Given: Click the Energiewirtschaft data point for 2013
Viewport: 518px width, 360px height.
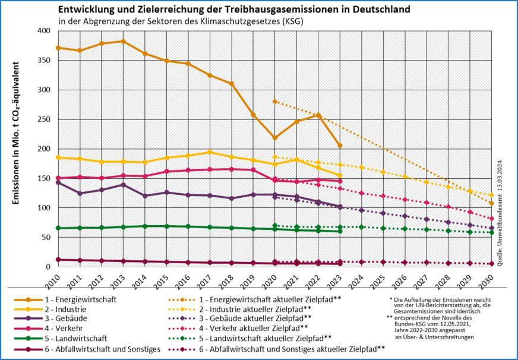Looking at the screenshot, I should [122, 42].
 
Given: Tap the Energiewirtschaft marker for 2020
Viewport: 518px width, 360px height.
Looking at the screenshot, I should [274, 138].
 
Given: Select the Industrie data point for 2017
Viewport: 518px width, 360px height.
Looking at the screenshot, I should [210, 152].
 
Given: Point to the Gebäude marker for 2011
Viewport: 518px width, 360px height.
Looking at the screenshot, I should [80, 193].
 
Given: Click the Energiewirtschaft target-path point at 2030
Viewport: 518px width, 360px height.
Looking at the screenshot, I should [491, 203].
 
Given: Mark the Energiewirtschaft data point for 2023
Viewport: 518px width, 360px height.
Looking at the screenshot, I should [340, 146].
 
